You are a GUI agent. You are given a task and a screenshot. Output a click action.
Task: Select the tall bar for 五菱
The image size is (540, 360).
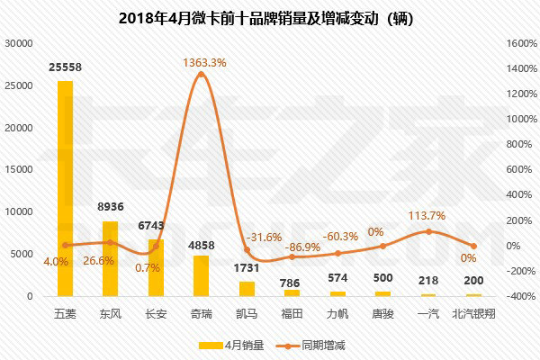tap(65, 188)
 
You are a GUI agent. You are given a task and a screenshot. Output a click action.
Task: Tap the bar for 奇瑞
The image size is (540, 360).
tap(201, 275)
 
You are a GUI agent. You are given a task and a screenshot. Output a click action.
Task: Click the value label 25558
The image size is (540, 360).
tap(65, 68)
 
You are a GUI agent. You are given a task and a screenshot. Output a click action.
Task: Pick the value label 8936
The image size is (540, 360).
tap(111, 206)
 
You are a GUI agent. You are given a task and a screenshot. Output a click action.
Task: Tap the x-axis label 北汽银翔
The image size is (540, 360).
tap(473, 314)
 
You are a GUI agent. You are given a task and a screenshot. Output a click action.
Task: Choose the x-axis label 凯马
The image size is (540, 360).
tap(247, 314)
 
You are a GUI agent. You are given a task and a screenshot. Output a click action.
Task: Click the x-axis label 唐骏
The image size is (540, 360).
tap(382, 314)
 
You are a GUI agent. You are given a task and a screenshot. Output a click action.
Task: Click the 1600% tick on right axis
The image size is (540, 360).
tap(521, 42)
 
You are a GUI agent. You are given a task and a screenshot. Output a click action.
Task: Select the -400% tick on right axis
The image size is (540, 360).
tap(521, 296)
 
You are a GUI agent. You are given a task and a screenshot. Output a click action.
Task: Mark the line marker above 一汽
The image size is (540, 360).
tap(428, 231)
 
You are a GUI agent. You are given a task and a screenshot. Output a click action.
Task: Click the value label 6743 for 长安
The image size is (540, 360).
tap(156, 224)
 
